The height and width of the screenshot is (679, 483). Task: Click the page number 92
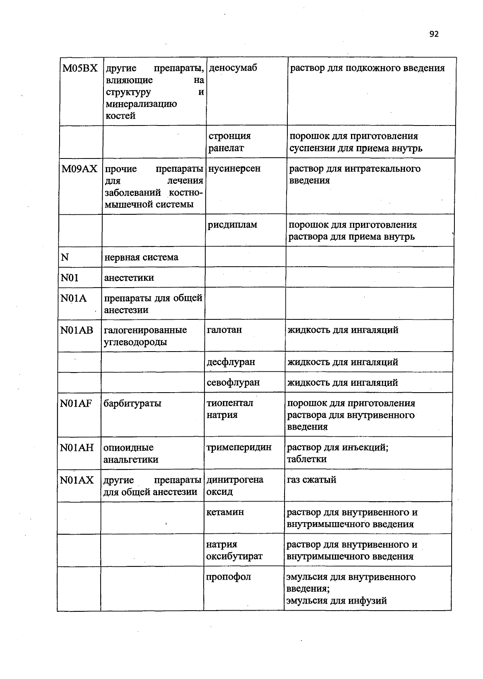tap(433, 34)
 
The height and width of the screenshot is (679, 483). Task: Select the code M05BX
tap(80, 68)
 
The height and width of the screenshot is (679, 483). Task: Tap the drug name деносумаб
tap(233, 68)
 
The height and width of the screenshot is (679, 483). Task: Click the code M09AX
tap(79, 169)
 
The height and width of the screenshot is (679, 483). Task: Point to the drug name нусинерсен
tap(234, 169)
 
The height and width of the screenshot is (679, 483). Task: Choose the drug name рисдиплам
tap(232, 225)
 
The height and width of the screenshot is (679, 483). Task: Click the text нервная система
tap(141, 257)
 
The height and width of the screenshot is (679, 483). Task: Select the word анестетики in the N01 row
tap(129, 278)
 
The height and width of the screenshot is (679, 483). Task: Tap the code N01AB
tap(76, 331)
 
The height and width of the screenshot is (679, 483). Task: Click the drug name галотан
tap(224, 330)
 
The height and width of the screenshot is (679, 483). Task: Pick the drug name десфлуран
tap(231, 362)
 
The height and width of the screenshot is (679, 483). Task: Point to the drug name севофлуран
tap(233, 383)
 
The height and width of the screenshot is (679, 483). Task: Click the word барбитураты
tap(132, 403)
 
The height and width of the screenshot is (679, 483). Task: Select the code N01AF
tap(76, 403)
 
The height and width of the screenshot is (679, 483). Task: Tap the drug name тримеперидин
tap(239, 447)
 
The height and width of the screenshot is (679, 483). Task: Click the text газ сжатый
tap(311, 480)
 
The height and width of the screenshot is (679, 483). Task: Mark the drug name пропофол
tap(228, 577)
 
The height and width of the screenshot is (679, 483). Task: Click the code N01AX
tap(76, 480)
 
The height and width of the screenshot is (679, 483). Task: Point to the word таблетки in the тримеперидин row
tap(306, 459)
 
